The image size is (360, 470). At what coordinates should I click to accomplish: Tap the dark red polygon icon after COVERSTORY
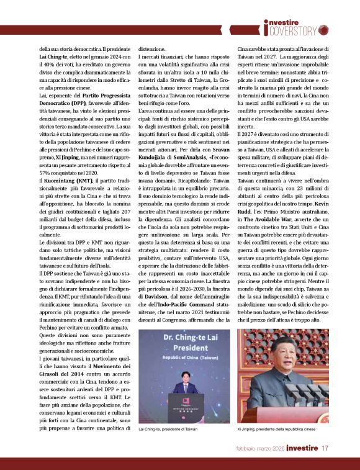pyautogui.click(x=324, y=29)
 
